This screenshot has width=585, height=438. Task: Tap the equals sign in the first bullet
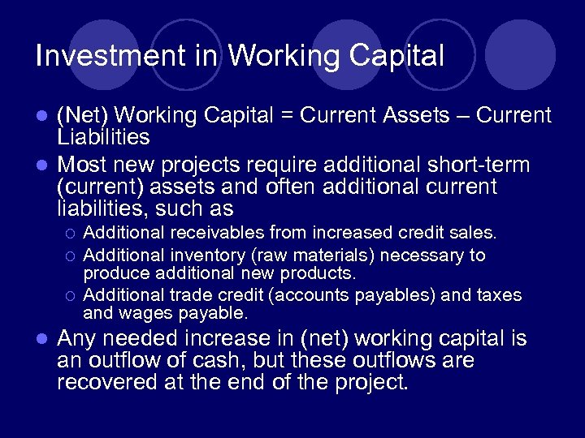(x=287, y=116)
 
